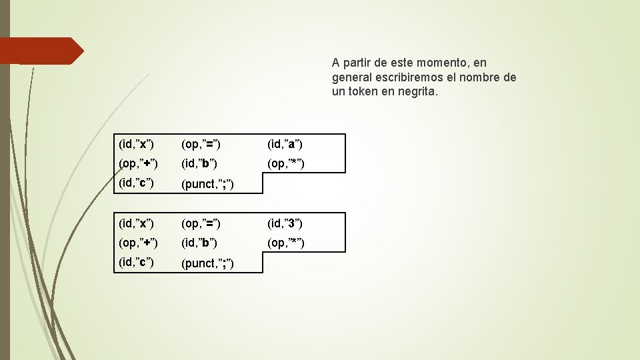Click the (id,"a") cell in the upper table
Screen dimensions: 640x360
tap(285, 144)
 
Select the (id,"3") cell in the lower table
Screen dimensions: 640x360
tap(285, 223)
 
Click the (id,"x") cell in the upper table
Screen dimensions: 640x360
tap(136, 144)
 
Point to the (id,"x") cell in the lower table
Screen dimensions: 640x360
tap(136, 223)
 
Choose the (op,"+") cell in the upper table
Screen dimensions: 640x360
tap(138, 163)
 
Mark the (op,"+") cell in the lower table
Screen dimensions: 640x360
tap(138, 242)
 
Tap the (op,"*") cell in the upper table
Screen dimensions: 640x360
tap(286, 163)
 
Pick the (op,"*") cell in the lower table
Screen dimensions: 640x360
tap(286, 242)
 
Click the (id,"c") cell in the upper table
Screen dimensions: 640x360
tap(136, 183)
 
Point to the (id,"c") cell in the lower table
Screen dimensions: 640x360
tap(136, 262)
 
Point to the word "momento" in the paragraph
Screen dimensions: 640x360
tap(443, 63)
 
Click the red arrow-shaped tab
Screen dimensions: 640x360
tap(41, 51)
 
